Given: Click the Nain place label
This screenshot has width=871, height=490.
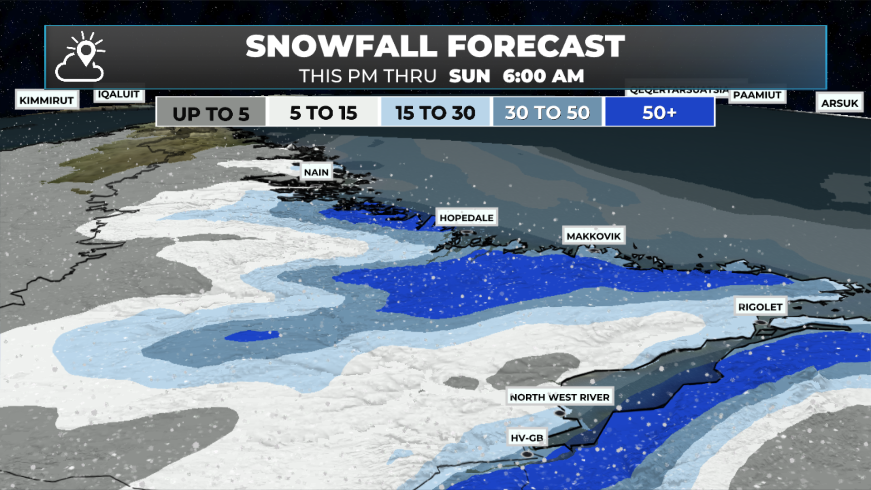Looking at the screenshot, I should coord(316,172).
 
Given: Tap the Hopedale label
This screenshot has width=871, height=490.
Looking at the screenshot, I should coord(466,218).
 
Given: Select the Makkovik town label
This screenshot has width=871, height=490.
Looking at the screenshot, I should coord(593,236).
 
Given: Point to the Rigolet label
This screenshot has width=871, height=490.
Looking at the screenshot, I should coord(760,307).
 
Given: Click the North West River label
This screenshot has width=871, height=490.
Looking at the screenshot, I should coord(560,397).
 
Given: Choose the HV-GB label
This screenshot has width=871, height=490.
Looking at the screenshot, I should coord(527,438).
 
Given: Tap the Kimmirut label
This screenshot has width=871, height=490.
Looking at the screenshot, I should coord(47,100).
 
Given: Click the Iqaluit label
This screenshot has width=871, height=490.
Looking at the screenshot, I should coord(119,94).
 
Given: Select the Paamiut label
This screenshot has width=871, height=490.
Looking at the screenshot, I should coord(757,95).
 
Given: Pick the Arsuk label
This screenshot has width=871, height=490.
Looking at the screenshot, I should coord(839,103).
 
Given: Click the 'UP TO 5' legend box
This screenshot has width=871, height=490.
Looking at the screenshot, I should coord(211,113).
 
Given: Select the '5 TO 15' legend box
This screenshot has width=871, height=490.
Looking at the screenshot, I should coord(323,113).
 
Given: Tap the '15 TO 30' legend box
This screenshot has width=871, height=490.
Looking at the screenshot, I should coord(435,113).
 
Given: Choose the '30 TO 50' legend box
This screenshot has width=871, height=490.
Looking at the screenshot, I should coord(548,113).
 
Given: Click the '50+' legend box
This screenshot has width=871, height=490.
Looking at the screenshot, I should coord(660,113).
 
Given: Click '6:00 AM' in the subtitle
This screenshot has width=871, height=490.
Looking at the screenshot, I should coord(543,76).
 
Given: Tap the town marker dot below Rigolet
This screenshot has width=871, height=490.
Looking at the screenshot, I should coord(761,322).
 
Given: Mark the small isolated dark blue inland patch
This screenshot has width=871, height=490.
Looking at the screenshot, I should coord(252,336).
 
